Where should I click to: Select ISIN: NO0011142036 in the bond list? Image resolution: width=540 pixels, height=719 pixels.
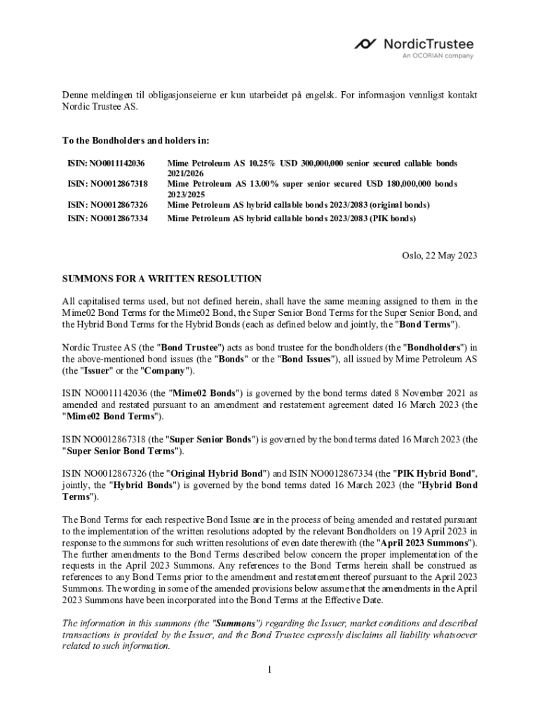106,163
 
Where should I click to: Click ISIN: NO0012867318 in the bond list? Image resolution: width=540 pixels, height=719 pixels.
107,183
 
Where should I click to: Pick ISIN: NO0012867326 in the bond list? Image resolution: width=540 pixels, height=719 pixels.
107,204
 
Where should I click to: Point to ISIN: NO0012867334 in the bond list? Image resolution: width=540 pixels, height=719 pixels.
107,218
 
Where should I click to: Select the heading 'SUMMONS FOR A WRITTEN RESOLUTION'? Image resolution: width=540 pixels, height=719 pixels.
162,279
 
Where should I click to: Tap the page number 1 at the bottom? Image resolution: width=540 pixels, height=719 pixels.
269,669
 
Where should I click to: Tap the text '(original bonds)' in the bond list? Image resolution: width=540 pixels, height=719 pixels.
400,204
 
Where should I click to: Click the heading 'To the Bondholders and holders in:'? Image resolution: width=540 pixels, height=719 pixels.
136,140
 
